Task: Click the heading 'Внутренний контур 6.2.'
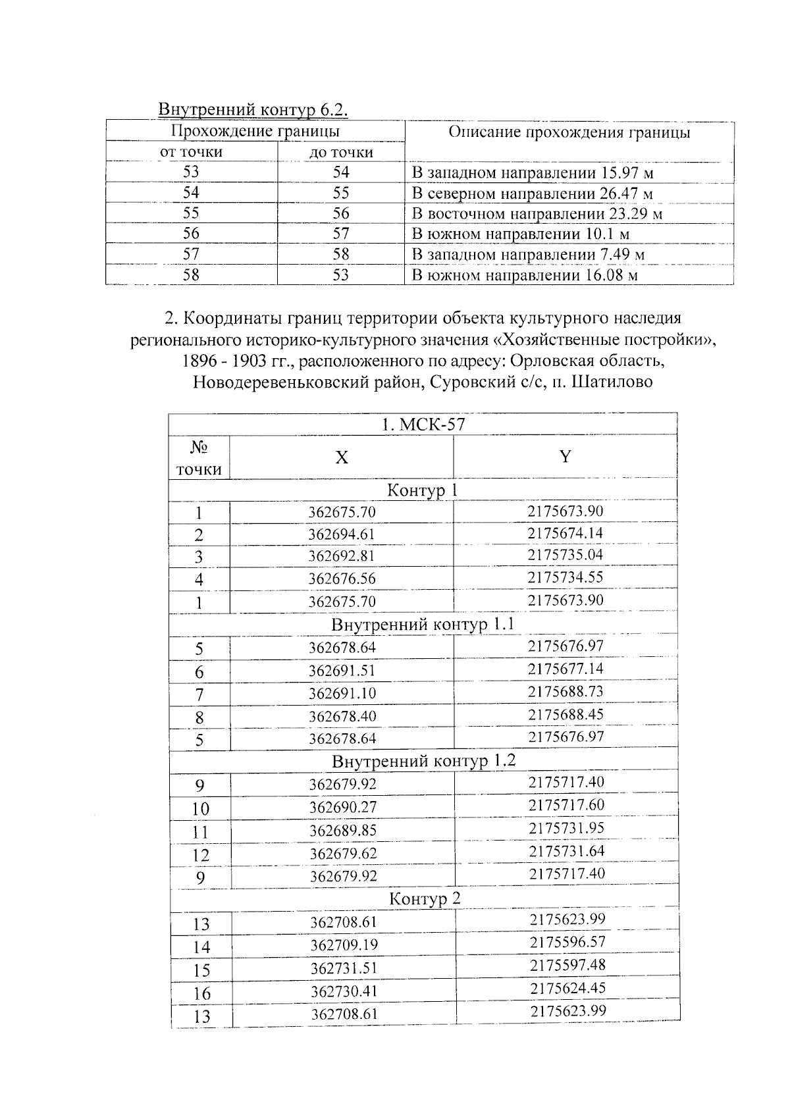pos(253,109)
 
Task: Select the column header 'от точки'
pos(191,152)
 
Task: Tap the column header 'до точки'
pos(341,153)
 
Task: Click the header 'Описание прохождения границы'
pos(569,132)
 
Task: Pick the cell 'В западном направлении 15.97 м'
pos(533,173)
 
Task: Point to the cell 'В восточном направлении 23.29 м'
pos(537,214)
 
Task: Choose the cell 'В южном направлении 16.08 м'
pos(525,275)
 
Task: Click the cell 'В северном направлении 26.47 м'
pos(532,194)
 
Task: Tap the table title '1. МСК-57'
pos(423,425)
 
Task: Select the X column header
pos(341,457)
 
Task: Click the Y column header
pos(565,457)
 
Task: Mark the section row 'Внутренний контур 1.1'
pos(422,624)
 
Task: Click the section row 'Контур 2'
pos(425,898)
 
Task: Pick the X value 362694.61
pos(342,534)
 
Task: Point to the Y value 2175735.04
pos(565,555)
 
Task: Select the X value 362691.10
pos(342,693)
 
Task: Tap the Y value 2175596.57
pos(567,942)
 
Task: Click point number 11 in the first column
pos(199,832)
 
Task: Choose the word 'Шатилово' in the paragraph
pos(612,382)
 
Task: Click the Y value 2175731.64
pos(566,851)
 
